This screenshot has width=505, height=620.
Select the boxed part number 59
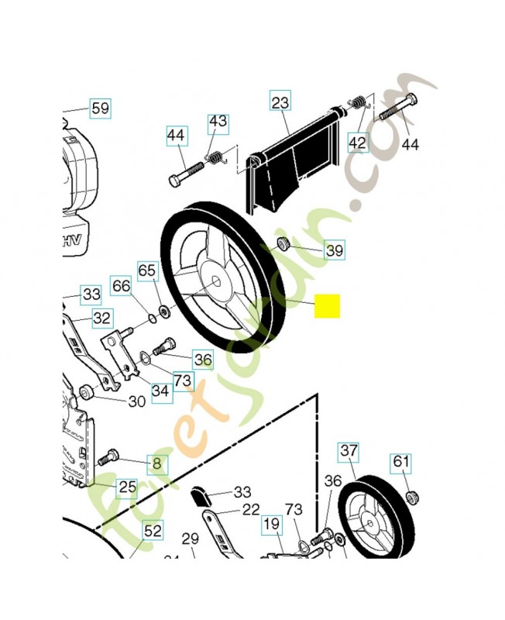coord(100,108)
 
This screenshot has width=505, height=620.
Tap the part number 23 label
coord(280,101)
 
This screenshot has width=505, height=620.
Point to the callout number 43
coord(218,122)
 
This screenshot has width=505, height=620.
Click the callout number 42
coord(357,143)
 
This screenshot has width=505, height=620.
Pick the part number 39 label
coord(334,250)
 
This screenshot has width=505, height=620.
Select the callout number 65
coord(147,270)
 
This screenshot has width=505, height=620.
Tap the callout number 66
coord(121,285)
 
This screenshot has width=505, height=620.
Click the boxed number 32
coord(101,317)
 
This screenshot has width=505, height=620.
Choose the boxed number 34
coord(160,391)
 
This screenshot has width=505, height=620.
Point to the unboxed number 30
coord(136,401)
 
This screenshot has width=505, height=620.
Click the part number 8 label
coord(157,464)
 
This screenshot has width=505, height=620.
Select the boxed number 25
coord(126,487)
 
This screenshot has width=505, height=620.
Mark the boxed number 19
coord(271,524)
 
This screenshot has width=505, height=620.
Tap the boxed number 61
coord(400,463)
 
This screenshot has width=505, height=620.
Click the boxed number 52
coord(153,531)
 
